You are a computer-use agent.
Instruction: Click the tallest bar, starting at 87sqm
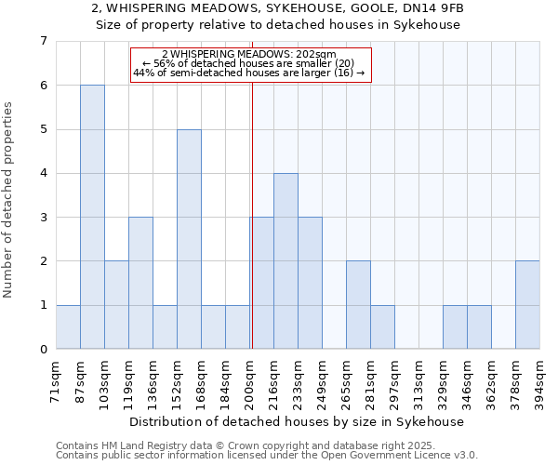[92, 217]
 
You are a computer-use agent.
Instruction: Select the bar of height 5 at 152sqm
[189, 239]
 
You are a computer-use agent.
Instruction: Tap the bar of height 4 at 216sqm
[286, 260]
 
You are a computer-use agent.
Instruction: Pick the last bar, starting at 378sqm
[527, 305]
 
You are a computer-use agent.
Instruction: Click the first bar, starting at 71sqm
[68, 326]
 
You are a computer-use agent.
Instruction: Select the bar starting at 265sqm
[358, 305]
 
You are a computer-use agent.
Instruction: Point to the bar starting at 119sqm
[140, 283]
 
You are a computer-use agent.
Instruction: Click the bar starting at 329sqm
[455, 326]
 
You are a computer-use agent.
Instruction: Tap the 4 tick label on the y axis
[43, 173]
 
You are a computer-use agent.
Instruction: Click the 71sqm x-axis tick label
[56, 379]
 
